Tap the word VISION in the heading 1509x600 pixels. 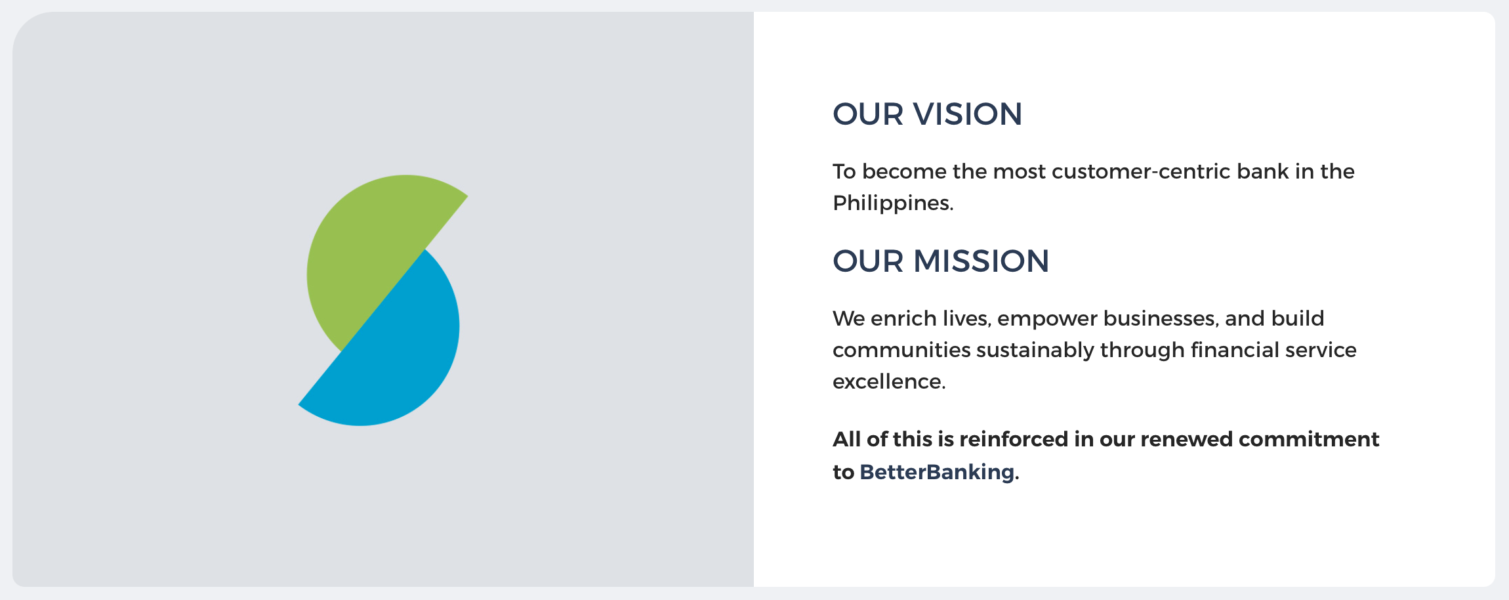click(968, 114)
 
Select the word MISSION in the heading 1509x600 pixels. click(982, 261)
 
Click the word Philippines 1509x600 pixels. click(893, 204)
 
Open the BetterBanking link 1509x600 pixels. click(937, 472)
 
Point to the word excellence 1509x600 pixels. click(889, 381)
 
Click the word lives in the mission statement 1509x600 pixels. click(966, 318)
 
